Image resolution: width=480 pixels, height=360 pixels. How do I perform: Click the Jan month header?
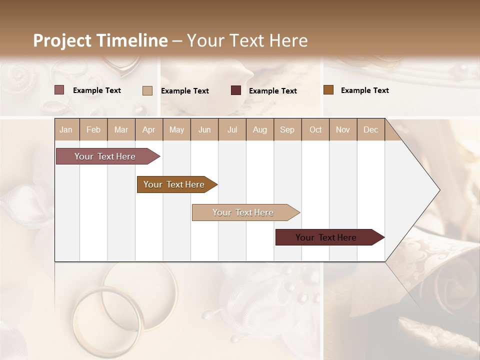(x=66, y=129)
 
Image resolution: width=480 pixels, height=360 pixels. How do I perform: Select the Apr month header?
(x=148, y=129)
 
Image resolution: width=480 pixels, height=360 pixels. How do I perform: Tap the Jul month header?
(x=232, y=129)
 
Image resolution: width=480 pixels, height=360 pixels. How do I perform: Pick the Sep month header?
(x=287, y=129)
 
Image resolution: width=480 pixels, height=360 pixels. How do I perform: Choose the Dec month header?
(x=370, y=129)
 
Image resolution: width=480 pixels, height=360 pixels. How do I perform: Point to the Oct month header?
(x=315, y=129)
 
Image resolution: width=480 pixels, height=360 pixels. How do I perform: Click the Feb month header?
(x=93, y=129)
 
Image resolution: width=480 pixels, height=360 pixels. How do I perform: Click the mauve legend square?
(x=59, y=90)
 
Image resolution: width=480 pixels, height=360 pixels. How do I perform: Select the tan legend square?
(x=147, y=90)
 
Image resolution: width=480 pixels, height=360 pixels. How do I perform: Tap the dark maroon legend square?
(x=236, y=90)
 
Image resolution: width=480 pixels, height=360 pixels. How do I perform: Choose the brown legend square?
(x=328, y=90)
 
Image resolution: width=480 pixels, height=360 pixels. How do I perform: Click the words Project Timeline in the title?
(x=100, y=40)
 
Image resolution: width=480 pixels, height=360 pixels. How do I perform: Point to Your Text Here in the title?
(x=247, y=40)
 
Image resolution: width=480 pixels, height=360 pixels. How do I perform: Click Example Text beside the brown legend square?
(x=364, y=90)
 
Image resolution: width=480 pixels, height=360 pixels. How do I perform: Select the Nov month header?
(x=342, y=129)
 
